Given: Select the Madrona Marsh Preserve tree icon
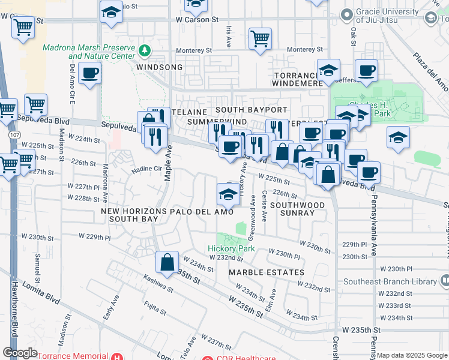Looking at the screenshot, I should tap(143, 49).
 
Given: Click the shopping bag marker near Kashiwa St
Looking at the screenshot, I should tap(167, 262).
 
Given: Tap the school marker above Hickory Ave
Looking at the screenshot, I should tap(227, 193).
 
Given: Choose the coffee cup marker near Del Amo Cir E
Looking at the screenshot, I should tap(89, 73).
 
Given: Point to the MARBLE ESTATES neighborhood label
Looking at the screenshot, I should tap(267, 272).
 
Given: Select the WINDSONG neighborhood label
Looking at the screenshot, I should tap(159, 67).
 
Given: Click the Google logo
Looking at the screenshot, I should tap(20, 353).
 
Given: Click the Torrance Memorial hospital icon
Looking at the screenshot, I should tap(120, 356).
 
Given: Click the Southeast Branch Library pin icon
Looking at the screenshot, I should tap(444, 280).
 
